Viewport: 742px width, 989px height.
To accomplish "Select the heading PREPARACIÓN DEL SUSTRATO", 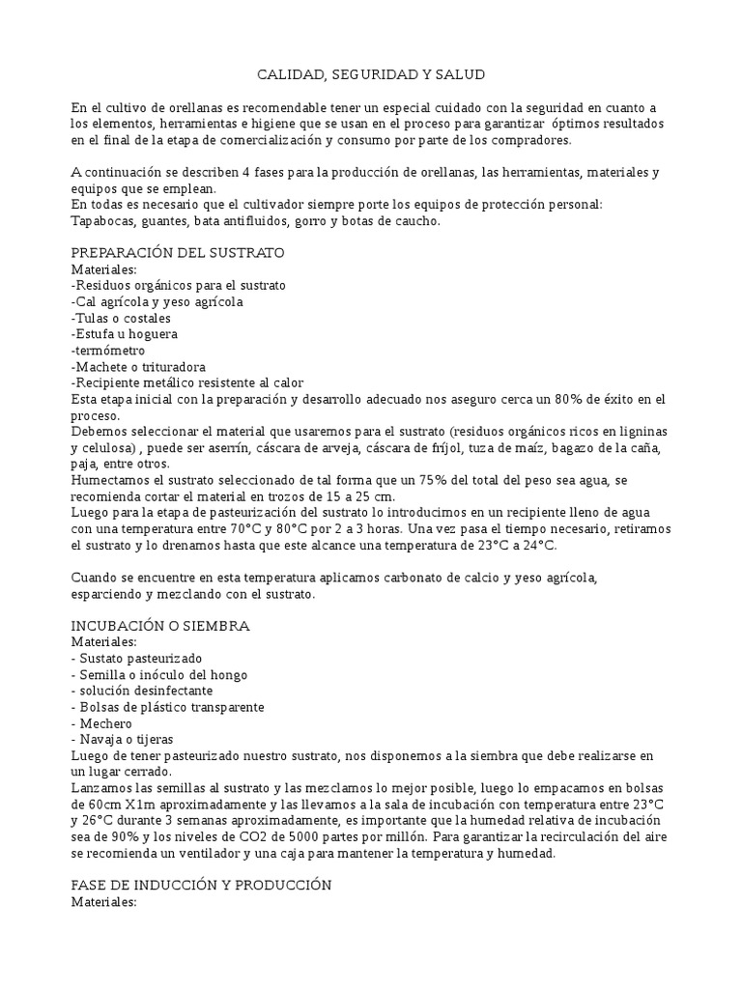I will point(178,253).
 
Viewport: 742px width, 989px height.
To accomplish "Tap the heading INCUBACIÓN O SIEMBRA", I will point(160,626).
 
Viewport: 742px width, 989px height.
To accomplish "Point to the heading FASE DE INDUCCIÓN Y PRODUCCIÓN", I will point(202,886).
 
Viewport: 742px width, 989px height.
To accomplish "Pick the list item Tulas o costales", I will point(122,318).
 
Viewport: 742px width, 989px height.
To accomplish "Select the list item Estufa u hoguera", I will point(125,334).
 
